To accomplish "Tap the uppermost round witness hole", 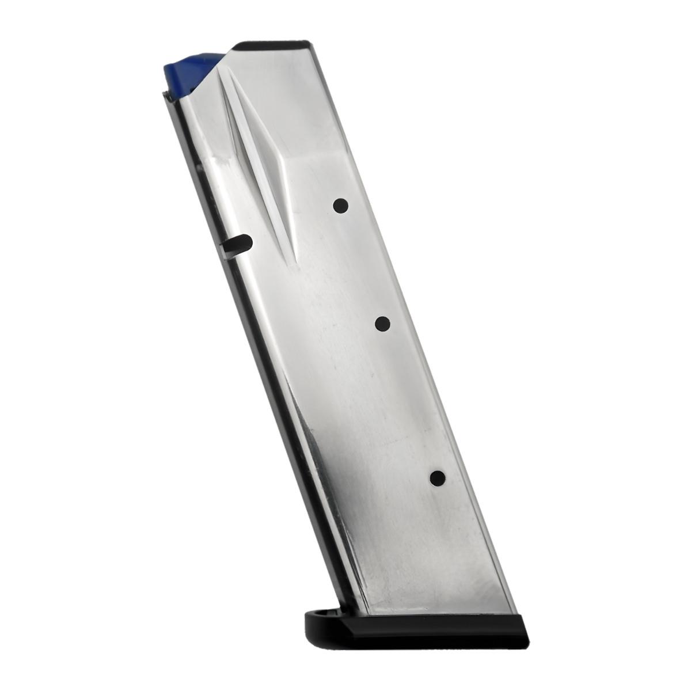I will coord(341,206).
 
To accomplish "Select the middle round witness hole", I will coord(382,324).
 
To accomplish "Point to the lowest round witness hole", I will coord(437,477).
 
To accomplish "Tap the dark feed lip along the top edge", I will coord(274,44).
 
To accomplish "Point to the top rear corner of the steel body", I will coord(311,44).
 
